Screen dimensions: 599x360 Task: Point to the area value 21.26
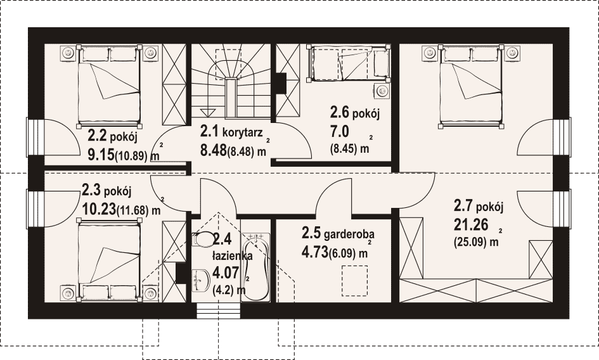pyautogui.click(x=471, y=225)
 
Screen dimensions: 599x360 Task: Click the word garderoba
pyautogui.click(x=349, y=234)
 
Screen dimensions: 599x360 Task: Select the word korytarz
pyautogui.click(x=242, y=132)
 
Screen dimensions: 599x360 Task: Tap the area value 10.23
pyautogui.click(x=99, y=209)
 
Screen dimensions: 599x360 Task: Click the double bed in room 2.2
pyautogui.click(x=109, y=86)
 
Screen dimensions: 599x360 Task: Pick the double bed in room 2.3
pyautogui.click(x=109, y=259)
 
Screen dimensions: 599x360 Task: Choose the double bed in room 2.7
pyautogui.click(x=470, y=86)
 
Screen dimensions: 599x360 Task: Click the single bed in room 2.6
pyautogui.click(x=349, y=63)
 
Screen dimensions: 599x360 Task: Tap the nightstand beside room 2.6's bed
pyautogui.click(x=381, y=91)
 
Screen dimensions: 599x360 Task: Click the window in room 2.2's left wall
pyautogui.click(x=33, y=136)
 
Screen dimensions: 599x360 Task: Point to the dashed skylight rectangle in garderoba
pyautogui.click(x=355, y=281)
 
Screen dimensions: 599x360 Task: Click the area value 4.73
pyautogui.click(x=315, y=252)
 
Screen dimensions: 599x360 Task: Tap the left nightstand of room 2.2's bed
pyautogui.click(x=68, y=53)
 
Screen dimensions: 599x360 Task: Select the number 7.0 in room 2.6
pyautogui.click(x=340, y=132)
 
